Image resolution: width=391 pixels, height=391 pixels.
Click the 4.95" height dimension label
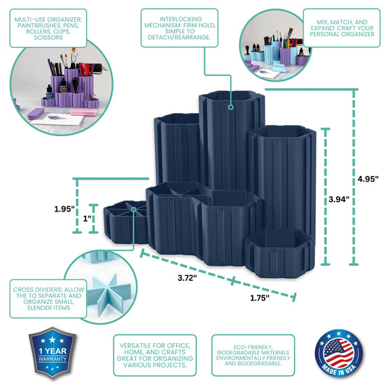click(368, 179)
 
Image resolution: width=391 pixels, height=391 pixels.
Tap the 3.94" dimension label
click(339, 199)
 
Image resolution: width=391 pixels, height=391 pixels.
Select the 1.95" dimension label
click(64, 209)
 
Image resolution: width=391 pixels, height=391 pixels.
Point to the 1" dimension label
click(87, 219)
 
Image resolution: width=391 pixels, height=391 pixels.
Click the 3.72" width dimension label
click(187, 278)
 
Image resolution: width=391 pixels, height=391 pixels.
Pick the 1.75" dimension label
click(260, 298)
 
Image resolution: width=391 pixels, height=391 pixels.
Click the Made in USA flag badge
click(338, 353)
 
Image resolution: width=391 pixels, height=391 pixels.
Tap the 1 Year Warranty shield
click(52, 353)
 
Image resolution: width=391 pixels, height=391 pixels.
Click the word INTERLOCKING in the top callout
click(181, 20)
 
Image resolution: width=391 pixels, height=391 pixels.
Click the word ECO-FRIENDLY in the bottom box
click(253, 347)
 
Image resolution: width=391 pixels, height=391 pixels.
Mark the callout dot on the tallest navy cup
click(231, 107)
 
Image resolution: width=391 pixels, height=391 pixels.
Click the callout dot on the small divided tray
click(134, 209)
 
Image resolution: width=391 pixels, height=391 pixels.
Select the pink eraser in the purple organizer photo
click(83, 112)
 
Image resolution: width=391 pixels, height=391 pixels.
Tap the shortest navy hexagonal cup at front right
click(279, 253)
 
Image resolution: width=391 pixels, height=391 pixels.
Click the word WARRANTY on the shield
click(52, 359)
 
